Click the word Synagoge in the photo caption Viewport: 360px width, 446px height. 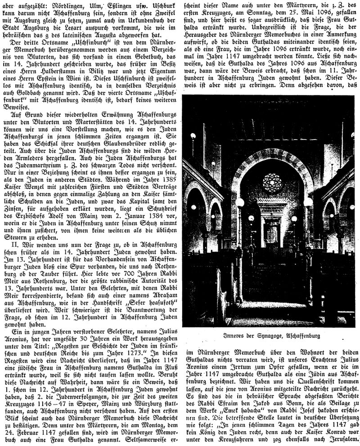266,335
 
